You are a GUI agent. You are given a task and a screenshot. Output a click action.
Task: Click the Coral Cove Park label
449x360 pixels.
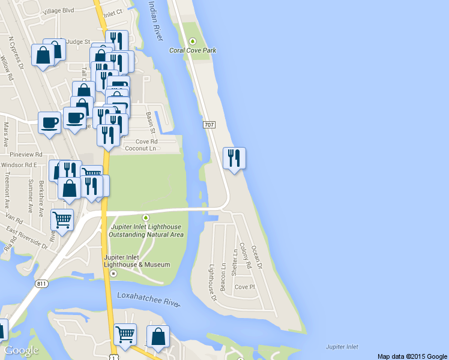[192, 50]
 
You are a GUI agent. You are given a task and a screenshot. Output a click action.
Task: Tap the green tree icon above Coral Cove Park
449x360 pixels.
[193, 41]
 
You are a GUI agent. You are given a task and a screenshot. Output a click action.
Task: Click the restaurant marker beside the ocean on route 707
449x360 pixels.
[234, 158]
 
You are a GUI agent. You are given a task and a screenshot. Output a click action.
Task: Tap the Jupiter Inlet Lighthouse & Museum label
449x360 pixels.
[136, 260]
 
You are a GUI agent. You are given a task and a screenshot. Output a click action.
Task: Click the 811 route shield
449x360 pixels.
[41, 284]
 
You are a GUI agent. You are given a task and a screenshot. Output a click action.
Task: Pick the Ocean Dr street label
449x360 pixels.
[257, 256]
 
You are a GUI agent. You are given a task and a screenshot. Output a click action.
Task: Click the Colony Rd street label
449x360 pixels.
[244, 254]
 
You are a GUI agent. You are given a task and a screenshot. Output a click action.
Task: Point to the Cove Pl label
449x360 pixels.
[245, 287]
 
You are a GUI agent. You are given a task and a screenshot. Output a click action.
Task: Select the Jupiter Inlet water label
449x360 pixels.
[342, 347]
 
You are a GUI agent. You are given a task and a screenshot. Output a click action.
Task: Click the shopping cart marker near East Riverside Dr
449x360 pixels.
[62, 220]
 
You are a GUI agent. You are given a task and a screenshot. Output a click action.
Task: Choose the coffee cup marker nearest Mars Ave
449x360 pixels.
[49, 122]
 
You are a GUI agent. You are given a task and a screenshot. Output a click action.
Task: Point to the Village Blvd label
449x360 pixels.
[58, 10]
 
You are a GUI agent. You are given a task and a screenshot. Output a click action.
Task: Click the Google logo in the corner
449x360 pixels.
[21, 351]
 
